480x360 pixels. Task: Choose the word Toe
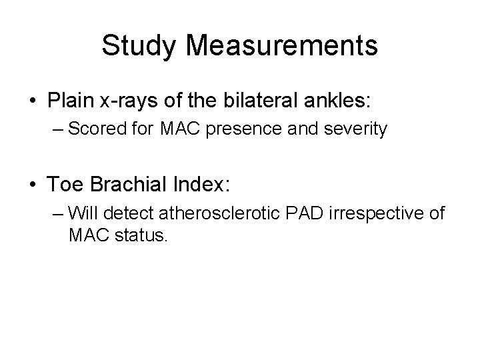click(x=63, y=182)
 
